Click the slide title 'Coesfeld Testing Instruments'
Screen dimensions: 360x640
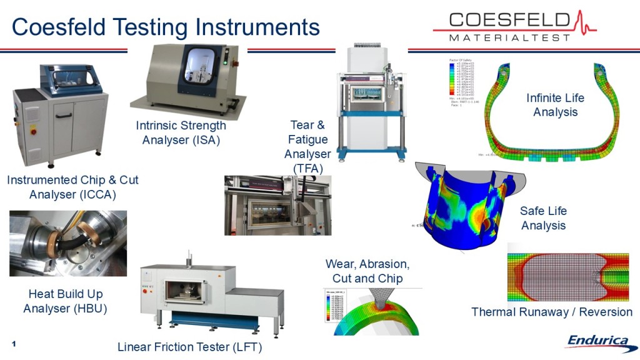(x=166, y=27)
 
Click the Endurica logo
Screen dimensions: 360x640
(x=597, y=341)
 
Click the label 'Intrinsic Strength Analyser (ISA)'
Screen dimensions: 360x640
(x=181, y=133)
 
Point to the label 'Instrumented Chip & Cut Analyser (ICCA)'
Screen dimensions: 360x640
(x=72, y=187)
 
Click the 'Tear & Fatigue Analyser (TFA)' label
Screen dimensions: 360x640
(x=307, y=147)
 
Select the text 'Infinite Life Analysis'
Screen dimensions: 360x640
(x=555, y=105)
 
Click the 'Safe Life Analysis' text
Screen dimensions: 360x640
(x=543, y=218)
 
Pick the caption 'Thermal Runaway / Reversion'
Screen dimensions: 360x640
(x=551, y=312)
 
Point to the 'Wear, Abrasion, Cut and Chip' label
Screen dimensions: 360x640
(x=367, y=271)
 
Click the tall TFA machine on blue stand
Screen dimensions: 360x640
(x=371, y=100)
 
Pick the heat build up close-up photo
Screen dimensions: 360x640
(x=68, y=243)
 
